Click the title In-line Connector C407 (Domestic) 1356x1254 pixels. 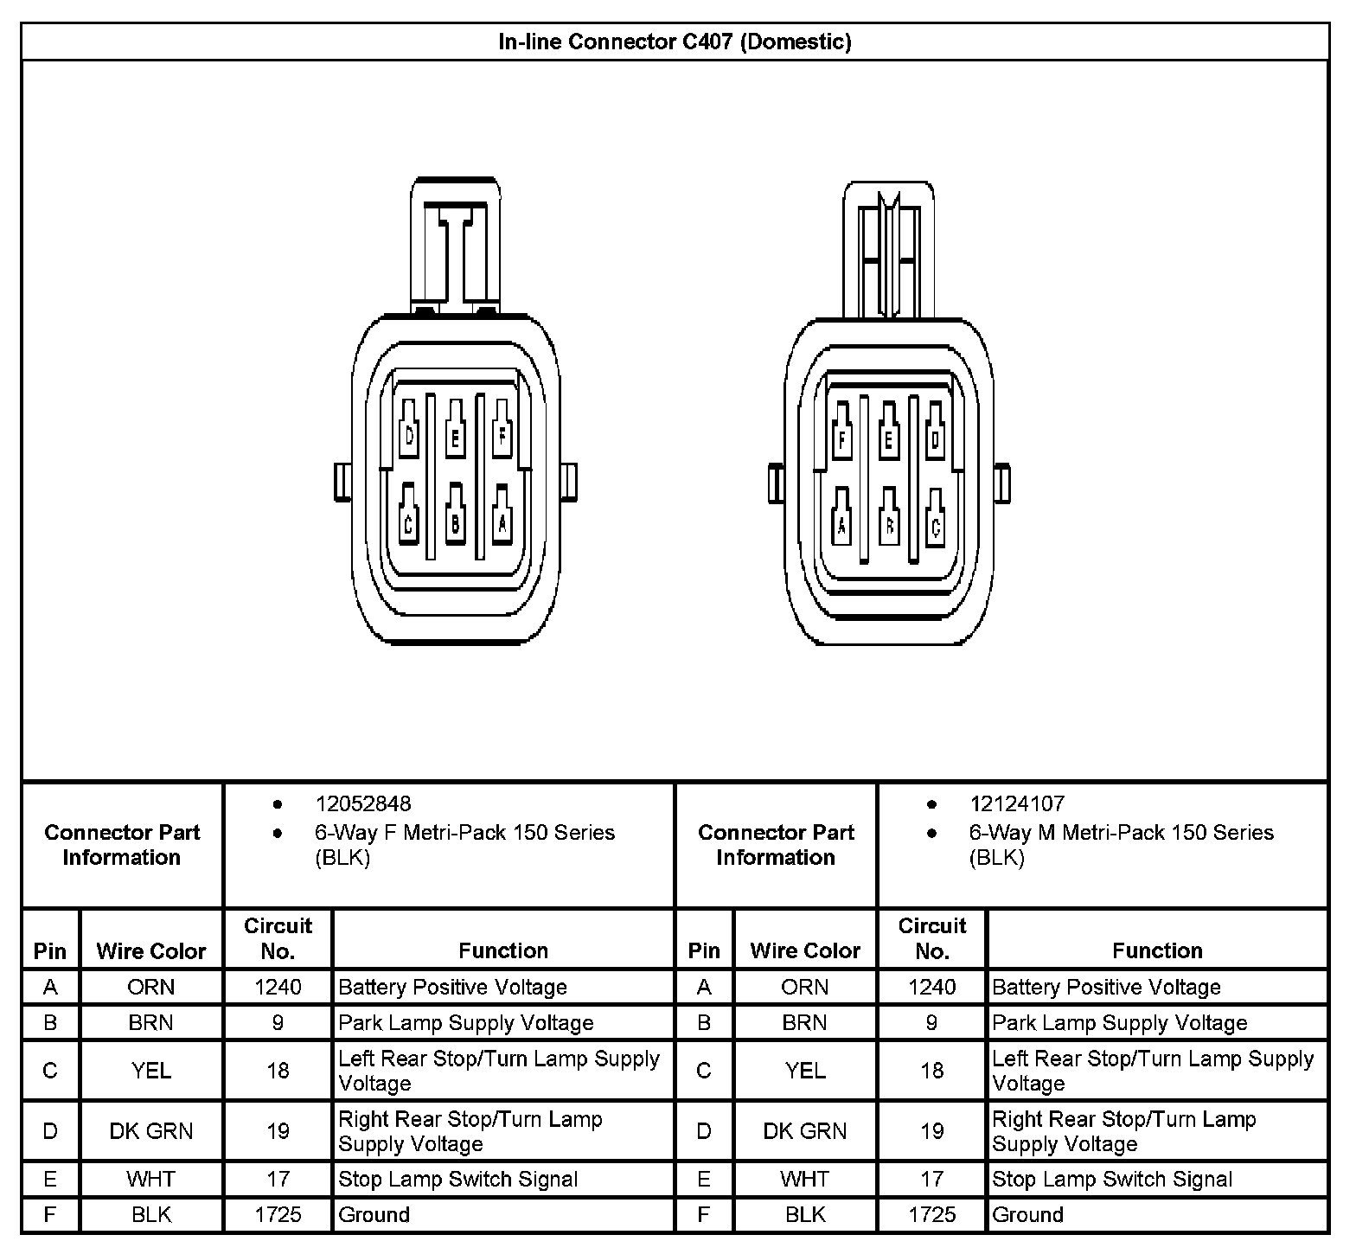[x=675, y=42]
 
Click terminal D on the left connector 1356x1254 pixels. [x=410, y=437]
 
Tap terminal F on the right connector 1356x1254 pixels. [x=841, y=439]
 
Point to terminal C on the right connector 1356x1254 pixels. [x=935, y=524]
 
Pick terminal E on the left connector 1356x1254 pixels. [x=455, y=438]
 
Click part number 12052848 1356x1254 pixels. [x=363, y=804]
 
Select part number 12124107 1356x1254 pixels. [x=1017, y=804]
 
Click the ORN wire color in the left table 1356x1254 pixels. [x=151, y=987]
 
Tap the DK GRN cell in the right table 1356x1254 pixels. [x=805, y=1130]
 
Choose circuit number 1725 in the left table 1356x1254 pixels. [x=278, y=1214]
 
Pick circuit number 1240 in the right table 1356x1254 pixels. [x=932, y=987]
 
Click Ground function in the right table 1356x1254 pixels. [x=1028, y=1214]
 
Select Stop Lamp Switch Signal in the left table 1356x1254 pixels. [x=458, y=1179]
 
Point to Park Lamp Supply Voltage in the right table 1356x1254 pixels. [x=1120, y=1022]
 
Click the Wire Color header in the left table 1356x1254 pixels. [x=151, y=950]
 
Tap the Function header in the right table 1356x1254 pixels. [x=1157, y=950]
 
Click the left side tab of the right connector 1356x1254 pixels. [x=776, y=483]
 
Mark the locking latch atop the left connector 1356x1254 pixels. [x=456, y=246]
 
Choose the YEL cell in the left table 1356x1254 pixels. [x=151, y=1071]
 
